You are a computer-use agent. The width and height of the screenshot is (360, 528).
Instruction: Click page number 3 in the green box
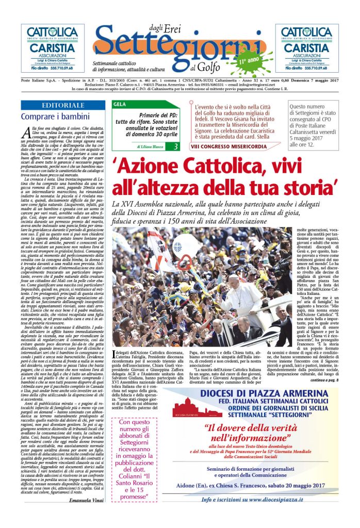pyautogui.click(x=176, y=147)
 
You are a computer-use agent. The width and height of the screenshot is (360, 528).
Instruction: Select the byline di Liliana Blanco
pyautogui.click(x=150, y=147)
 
